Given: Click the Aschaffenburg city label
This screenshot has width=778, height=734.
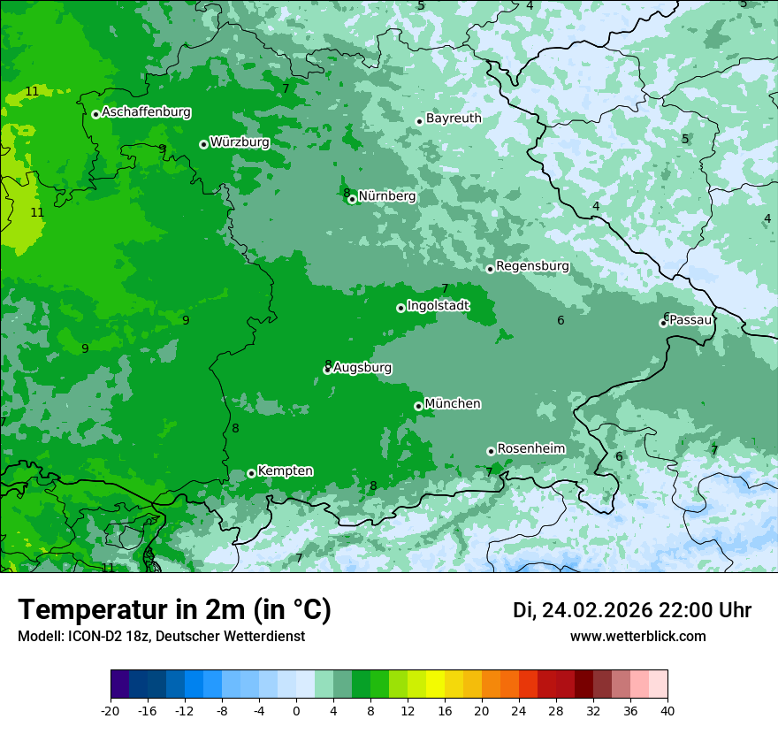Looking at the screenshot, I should point(146,112).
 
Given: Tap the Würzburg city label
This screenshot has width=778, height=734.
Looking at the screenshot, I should point(240,141).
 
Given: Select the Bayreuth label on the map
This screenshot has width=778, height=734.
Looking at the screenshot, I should point(454,119).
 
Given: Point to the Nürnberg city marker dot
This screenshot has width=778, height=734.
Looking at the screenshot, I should point(352,199).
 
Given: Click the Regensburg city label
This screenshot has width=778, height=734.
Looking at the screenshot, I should point(532,266).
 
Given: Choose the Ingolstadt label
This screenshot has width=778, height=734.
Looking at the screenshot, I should point(438,306).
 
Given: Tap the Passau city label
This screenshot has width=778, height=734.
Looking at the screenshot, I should point(690,320).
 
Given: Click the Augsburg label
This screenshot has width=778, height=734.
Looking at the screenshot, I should point(362,368).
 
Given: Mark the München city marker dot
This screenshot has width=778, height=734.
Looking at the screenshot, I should point(418,406).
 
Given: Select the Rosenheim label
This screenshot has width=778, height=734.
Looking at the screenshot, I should point(530,449).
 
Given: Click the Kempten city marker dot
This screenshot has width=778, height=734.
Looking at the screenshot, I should point(251,473).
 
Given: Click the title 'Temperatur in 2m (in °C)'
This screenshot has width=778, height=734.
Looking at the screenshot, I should point(174,610).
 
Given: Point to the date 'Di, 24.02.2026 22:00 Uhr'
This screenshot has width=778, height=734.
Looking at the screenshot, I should point(632,610).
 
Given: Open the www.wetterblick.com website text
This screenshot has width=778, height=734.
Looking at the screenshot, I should point(637,637).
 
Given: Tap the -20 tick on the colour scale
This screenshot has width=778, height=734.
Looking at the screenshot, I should point(111,710).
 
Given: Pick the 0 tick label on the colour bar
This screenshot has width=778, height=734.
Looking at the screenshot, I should point(296,710).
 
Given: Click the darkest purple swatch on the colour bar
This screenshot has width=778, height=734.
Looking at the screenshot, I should point(120,684).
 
